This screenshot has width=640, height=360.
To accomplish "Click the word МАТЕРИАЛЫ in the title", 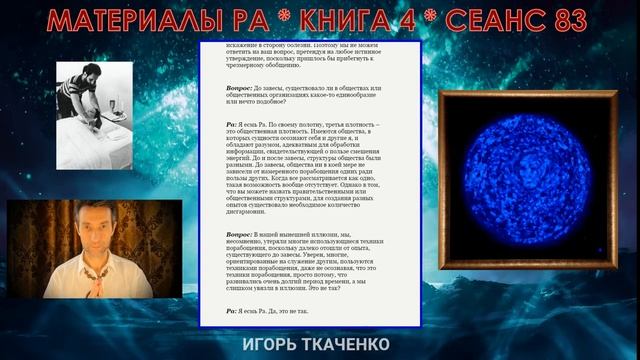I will pos(126,20).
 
